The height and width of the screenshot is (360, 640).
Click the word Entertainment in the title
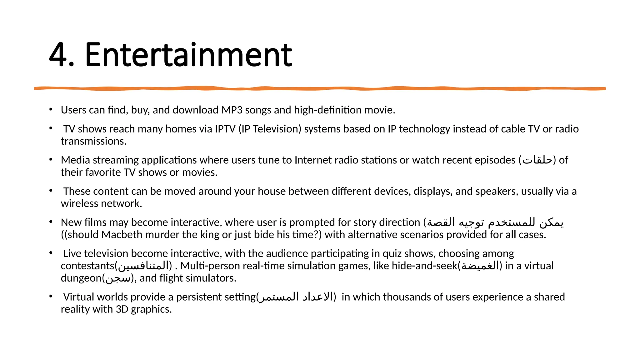pyautogui.click(x=188, y=55)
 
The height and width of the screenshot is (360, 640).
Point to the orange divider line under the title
pyautogui.click(x=320, y=89)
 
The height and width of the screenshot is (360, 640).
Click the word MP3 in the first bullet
pyautogui.click(x=232, y=110)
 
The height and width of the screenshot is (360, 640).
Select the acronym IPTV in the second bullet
pyautogui.click(x=225, y=129)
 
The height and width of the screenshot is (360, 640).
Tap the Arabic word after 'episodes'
pyautogui.click(x=537, y=160)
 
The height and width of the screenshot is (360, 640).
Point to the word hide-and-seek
pyautogui.click(x=424, y=266)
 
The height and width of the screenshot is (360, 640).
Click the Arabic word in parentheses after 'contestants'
pyautogui.click(x=143, y=266)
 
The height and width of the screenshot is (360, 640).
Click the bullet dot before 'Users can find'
pyautogui.click(x=51, y=109)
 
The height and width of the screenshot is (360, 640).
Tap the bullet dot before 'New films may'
pyautogui.click(x=51, y=222)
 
